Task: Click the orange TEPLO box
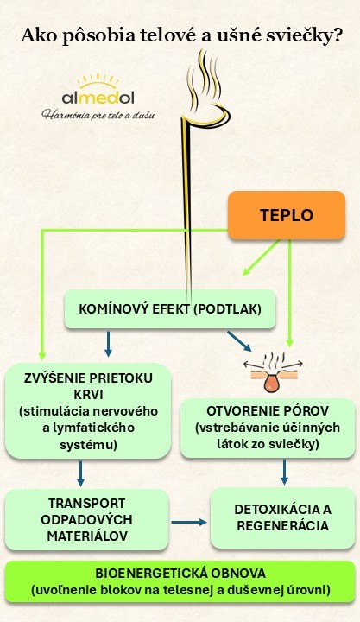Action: point(287,215)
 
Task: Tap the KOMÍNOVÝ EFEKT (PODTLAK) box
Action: point(170,309)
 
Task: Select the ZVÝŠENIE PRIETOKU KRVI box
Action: point(88,411)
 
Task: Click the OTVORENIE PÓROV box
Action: point(268,428)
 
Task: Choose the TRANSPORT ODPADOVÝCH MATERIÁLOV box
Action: point(87,520)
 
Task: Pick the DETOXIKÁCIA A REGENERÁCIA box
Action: point(282,517)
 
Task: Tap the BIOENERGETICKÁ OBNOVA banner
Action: point(180,581)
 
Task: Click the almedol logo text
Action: point(98,98)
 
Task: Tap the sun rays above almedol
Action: point(98,80)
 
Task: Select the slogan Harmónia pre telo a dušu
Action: point(98,115)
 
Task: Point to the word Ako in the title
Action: point(34,35)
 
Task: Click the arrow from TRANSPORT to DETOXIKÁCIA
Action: point(189,523)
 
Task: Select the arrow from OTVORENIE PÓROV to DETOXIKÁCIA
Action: point(284,472)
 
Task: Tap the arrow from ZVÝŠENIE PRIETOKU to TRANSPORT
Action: point(80,473)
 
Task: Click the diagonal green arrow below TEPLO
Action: point(262,257)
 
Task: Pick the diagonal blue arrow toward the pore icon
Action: point(239,341)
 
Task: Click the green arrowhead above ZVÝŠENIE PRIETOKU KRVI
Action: point(42,355)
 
